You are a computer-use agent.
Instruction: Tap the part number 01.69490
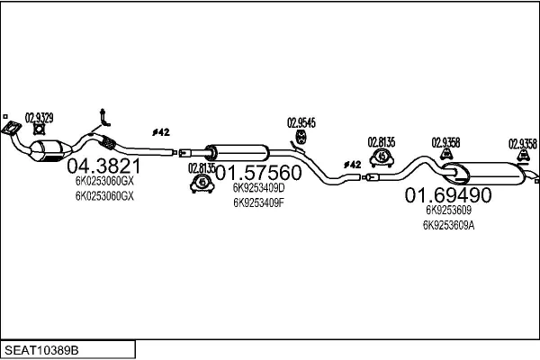tap(447, 195)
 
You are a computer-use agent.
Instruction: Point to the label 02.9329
tap(39, 117)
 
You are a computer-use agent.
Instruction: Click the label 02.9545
tap(301, 122)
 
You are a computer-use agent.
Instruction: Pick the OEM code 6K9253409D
tap(258, 189)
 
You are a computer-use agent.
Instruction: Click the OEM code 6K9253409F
tap(258, 202)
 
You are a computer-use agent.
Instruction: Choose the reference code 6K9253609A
tap(447, 225)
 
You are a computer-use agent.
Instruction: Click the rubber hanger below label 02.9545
tap(301, 139)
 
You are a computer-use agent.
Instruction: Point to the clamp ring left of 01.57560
tap(201, 184)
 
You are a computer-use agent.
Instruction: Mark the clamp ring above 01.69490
tap(381, 157)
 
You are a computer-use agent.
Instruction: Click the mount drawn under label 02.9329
tap(39, 135)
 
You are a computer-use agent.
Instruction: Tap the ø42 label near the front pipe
tap(161, 132)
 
